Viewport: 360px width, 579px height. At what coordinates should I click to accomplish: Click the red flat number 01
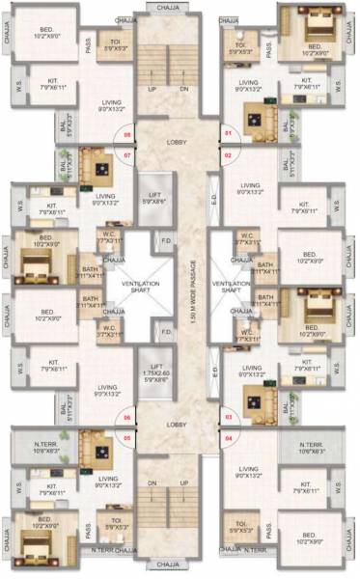229,132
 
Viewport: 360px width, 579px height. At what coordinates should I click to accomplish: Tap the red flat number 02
229,153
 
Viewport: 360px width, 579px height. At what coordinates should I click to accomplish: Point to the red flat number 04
229,437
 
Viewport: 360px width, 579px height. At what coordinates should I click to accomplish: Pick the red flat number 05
126,437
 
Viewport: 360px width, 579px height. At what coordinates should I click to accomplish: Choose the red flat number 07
126,153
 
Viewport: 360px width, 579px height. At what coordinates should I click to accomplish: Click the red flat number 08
126,135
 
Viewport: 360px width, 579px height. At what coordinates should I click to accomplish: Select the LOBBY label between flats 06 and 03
176,424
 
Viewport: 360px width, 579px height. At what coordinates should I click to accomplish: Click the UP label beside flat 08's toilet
152,90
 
